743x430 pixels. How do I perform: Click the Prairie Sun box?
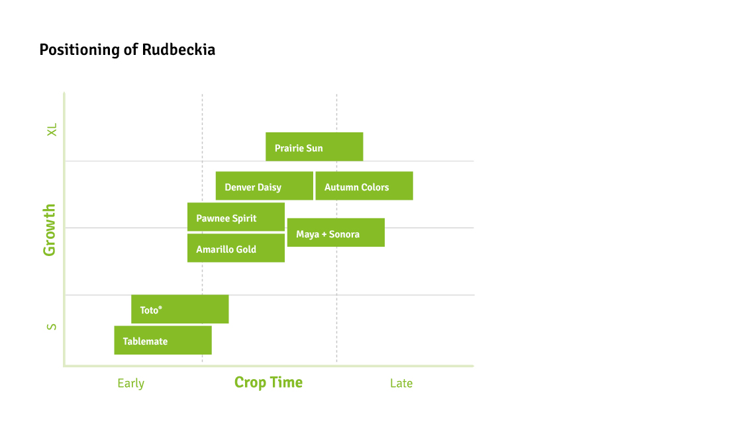point(314,147)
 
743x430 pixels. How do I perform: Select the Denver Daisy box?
point(264,186)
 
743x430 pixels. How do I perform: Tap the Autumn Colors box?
point(364,186)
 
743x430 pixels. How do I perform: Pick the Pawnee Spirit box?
point(236,217)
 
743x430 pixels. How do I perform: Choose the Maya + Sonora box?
point(335,233)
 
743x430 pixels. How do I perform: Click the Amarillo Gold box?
point(236,248)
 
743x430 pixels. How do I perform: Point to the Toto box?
point(179,309)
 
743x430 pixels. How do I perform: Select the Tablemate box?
point(162,340)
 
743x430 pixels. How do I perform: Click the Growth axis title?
point(50,230)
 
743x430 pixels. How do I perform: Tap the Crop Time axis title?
point(268,382)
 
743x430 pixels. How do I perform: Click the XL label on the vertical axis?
point(52,130)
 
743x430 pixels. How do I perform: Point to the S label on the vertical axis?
point(52,327)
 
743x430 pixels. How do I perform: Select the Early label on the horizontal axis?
point(130,384)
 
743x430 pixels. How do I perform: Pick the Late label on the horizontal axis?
point(401,384)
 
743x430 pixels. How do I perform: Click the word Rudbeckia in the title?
point(178,50)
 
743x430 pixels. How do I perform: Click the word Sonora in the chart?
point(344,234)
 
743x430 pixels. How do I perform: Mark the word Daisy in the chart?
point(270,187)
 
